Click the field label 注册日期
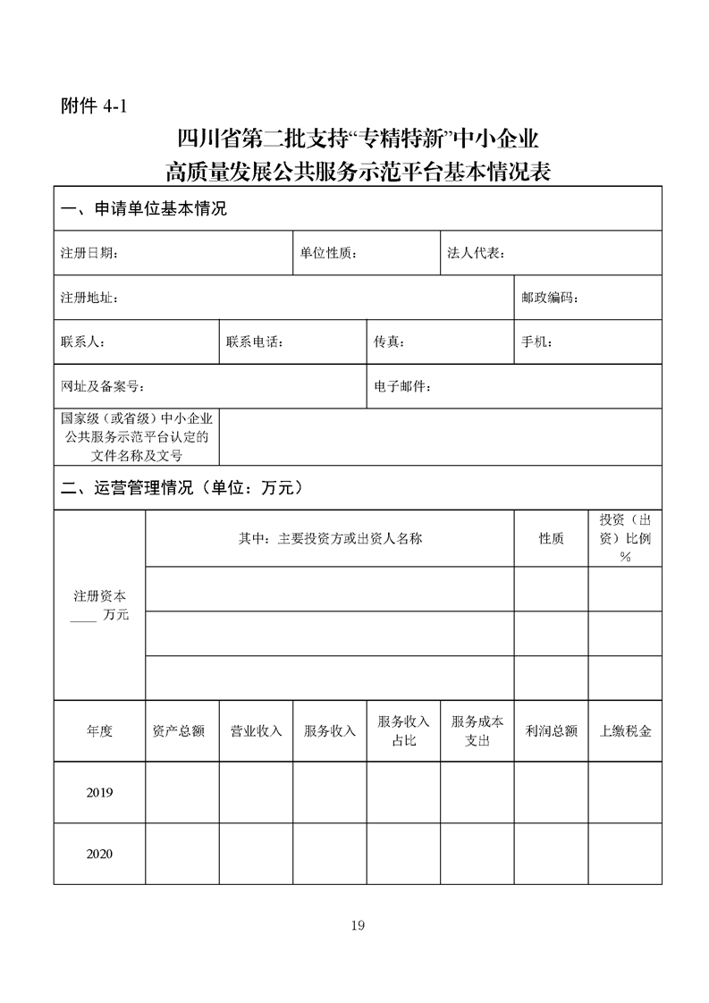pyautogui.click(x=89, y=253)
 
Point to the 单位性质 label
pyautogui.click(x=328, y=253)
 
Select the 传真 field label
pyautogui.click(x=390, y=342)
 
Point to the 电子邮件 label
pyautogui.click(x=403, y=387)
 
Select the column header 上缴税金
pyautogui.click(x=625, y=731)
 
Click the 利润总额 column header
pyautogui.click(x=551, y=731)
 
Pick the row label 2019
pyautogui.click(x=99, y=793)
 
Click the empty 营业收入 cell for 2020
pyautogui.click(x=256, y=854)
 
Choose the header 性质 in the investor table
pyautogui.click(x=551, y=539)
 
